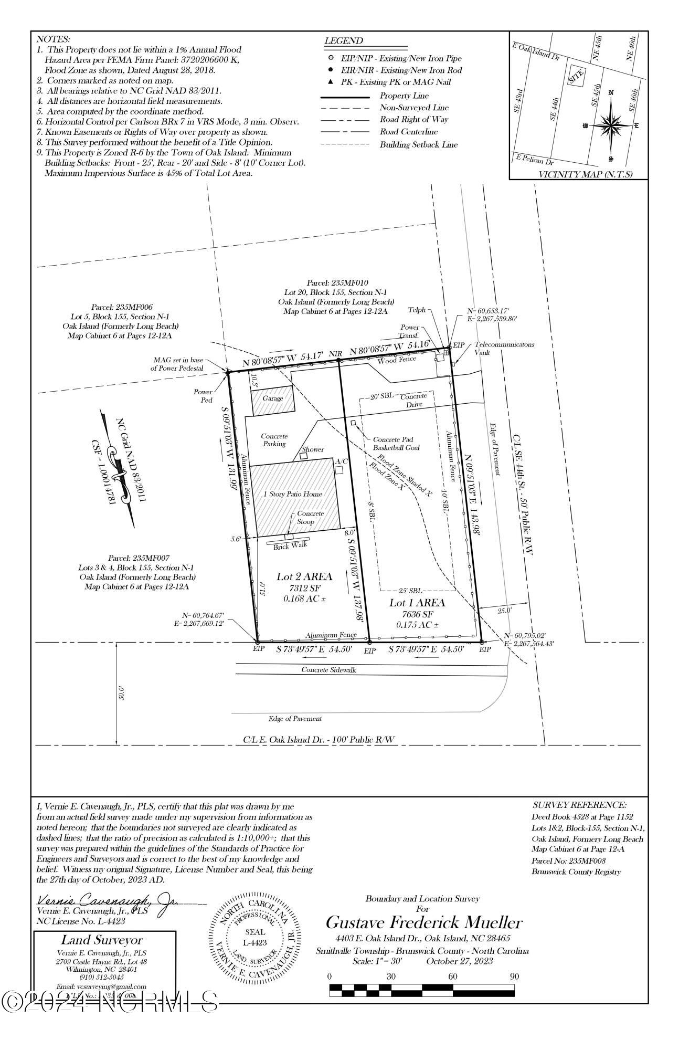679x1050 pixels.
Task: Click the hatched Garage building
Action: click(272, 400)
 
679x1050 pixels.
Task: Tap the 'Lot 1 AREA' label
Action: click(417, 603)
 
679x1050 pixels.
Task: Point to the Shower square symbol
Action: click(304, 456)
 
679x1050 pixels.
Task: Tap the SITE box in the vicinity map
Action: click(576, 78)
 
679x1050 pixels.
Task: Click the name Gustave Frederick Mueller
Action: click(423, 922)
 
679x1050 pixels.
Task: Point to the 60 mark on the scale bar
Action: click(452, 976)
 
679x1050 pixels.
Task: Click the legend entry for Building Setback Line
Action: click(418, 144)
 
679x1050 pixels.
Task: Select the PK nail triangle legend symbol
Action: click(331, 82)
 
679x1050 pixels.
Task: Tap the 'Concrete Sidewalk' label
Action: click(329, 670)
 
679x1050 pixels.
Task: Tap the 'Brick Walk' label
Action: click(290, 545)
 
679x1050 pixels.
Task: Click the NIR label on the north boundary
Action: click(335, 354)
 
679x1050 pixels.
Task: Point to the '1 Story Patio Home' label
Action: click(292, 494)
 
